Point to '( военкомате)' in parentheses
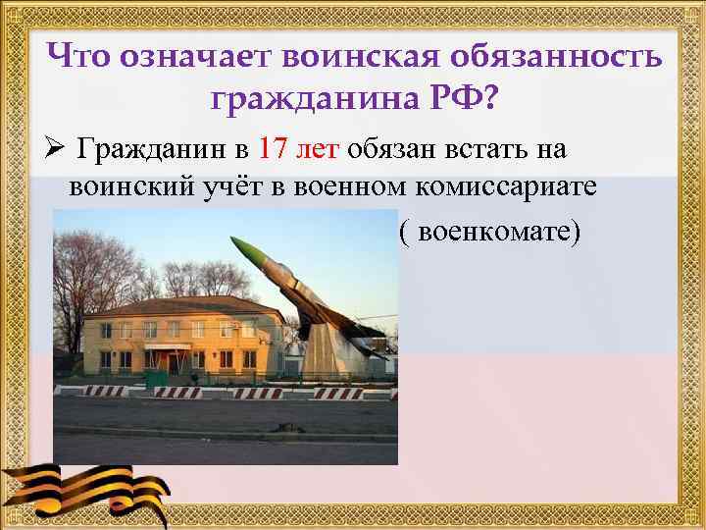[x=490, y=234]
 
